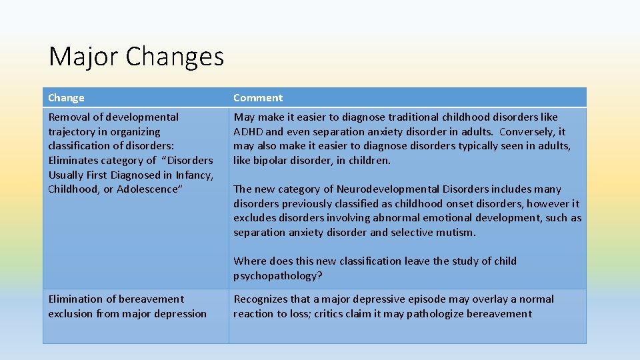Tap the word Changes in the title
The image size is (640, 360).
coord(175,57)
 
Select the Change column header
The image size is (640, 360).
coord(66,98)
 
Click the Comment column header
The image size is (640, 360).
coord(258,98)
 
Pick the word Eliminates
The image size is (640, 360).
coord(71,161)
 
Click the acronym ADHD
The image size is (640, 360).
coord(248,132)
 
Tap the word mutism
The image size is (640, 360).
coord(458,233)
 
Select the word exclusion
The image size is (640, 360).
coord(71,314)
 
